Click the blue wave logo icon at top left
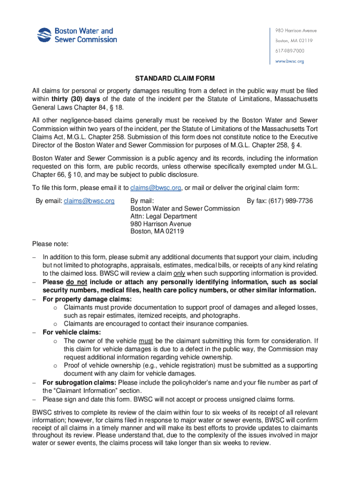point(44,35)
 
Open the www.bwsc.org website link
point(289,61)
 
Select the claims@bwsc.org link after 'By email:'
point(89,201)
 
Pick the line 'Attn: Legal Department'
point(164,216)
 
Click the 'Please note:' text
point(50,244)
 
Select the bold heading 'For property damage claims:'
point(87,299)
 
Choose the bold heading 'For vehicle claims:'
point(72,333)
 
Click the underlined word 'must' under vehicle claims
point(146,341)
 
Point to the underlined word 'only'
point(180,274)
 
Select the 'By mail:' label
point(142,201)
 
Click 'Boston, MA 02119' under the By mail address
point(157,231)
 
